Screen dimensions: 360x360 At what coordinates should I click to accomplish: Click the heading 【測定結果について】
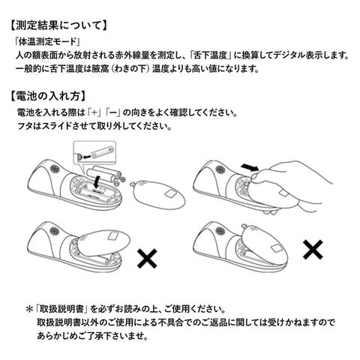[x=58, y=25]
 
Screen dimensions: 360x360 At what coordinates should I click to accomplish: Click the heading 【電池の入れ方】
[x=48, y=96]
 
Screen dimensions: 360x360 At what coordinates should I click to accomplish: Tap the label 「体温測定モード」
[x=47, y=41]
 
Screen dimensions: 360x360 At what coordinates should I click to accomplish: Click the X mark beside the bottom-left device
[x=147, y=258]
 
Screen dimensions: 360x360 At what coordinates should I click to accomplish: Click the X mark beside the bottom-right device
[x=313, y=249]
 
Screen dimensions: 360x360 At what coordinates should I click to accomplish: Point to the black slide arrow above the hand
[x=249, y=167]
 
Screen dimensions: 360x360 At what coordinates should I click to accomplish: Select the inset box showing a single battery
[x=94, y=153]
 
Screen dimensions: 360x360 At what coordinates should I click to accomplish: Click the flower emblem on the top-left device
[x=55, y=169]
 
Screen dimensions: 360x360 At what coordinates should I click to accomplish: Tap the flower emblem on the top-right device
[x=220, y=169]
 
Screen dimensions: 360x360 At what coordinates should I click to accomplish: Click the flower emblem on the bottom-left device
[x=55, y=231]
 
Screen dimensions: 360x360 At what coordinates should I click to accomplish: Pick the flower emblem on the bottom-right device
[x=220, y=230]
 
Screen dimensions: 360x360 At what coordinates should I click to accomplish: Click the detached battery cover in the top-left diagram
[x=157, y=193]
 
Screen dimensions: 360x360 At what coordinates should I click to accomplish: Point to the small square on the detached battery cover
[x=170, y=193]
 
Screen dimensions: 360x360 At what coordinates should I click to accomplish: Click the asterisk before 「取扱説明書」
[x=29, y=309]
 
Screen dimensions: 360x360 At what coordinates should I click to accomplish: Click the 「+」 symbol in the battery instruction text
[x=94, y=112]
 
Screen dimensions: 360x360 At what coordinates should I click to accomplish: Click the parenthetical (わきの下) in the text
[x=130, y=68]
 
